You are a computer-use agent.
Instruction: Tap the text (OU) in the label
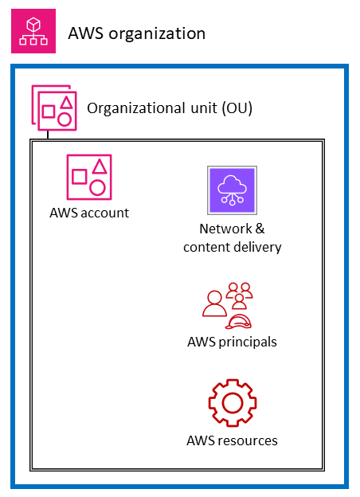(x=238, y=108)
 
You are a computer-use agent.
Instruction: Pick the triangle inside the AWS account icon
(x=99, y=166)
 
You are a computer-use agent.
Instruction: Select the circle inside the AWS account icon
(x=98, y=187)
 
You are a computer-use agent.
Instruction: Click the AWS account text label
(x=88, y=213)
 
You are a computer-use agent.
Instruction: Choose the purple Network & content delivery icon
(x=232, y=190)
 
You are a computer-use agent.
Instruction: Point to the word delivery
(x=257, y=247)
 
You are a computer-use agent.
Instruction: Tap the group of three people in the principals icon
(x=238, y=295)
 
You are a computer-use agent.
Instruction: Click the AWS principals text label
(x=232, y=342)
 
